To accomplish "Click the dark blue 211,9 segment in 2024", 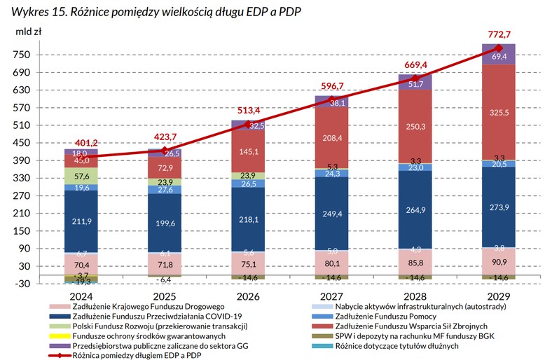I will tap(81, 222).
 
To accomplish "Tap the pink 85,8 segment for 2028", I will tap(415, 262).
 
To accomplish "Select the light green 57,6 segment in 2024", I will tap(81, 176).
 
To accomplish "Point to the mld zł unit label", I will tap(27, 32).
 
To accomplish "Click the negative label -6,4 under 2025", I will tap(164, 279).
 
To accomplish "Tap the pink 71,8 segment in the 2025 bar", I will tap(164, 265).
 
